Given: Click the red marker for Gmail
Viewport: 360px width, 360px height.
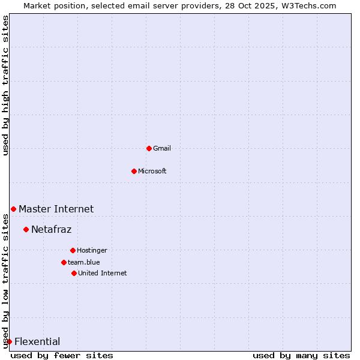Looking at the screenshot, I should (x=149, y=148).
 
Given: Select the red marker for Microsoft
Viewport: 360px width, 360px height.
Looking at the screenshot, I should (x=134, y=171).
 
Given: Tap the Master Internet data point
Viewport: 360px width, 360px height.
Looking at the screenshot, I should (x=13, y=209).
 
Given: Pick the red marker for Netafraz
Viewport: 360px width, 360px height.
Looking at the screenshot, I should (x=26, y=229).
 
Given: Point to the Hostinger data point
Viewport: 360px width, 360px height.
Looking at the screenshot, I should (x=73, y=250).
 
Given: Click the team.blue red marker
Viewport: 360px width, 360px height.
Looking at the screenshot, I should (x=64, y=262).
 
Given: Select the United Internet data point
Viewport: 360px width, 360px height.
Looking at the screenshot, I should (x=74, y=273).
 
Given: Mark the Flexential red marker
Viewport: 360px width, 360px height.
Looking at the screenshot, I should (x=9, y=341).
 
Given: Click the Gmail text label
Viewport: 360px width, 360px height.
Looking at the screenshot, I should (x=162, y=148).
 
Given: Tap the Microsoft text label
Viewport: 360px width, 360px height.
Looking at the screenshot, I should (x=152, y=171).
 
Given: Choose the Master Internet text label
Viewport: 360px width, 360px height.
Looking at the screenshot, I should (x=56, y=209).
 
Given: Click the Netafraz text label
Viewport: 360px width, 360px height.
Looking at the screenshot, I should (x=51, y=229).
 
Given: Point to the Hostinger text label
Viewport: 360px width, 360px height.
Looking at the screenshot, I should (x=92, y=250).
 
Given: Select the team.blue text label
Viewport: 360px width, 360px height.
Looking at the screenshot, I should (x=84, y=262).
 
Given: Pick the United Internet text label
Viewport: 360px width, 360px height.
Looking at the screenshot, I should (x=103, y=273).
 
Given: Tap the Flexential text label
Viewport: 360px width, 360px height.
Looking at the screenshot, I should (x=37, y=342).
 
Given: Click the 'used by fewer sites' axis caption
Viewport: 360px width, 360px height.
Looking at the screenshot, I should (x=62, y=355).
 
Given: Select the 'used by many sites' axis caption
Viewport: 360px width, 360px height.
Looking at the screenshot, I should (x=301, y=355).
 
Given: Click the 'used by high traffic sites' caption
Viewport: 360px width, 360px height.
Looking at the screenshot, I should (x=5, y=85).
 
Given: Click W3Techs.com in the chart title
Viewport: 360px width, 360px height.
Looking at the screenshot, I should (x=309, y=5).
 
